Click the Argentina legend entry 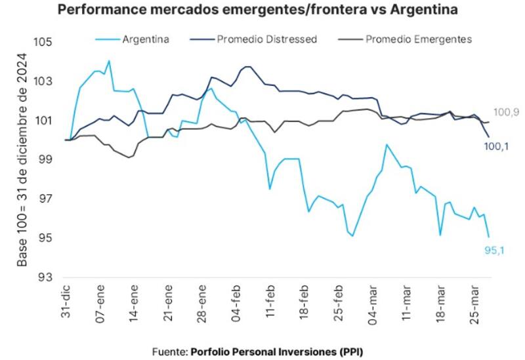[146, 39]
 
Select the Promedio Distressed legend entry [266, 39]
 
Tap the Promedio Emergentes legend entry [418, 39]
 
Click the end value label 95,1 [494, 250]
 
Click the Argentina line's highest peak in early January [108, 61]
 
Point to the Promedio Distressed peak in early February [248, 66]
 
